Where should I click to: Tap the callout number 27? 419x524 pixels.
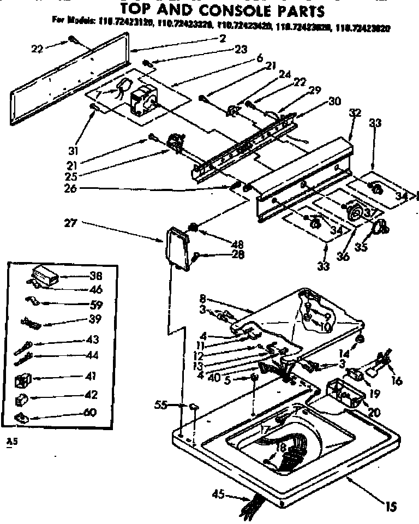(70, 222)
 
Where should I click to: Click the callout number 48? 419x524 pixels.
(223, 244)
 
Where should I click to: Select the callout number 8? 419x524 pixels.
(202, 299)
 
